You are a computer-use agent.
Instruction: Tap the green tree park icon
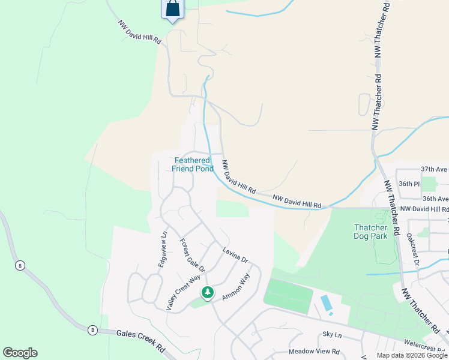(x=207, y=293)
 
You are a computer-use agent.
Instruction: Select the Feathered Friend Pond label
(x=193, y=164)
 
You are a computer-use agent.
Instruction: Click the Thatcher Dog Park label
(x=379, y=232)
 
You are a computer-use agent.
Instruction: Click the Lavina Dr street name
(x=235, y=256)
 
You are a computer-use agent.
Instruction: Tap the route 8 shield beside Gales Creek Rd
(x=92, y=329)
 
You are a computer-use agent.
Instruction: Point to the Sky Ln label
(x=331, y=334)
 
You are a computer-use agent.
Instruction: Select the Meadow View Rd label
(x=314, y=352)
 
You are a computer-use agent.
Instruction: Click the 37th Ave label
(x=435, y=170)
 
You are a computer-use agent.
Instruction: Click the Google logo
(x=20, y=353)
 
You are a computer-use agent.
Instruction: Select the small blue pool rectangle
(x=327, y=303)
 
